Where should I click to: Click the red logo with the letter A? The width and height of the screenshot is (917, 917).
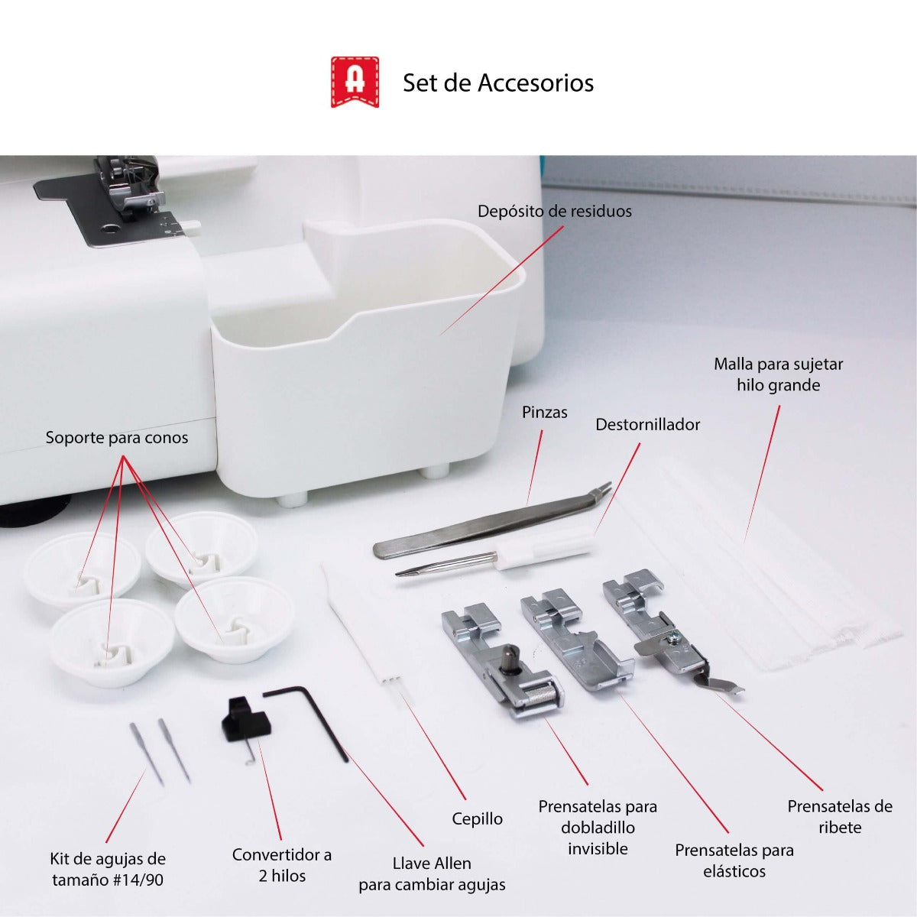pos(355,81)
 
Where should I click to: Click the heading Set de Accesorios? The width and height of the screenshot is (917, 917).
pos(497,83)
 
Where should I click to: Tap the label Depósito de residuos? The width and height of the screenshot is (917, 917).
pos(555,212)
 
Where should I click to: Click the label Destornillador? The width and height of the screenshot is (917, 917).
pos(647,425)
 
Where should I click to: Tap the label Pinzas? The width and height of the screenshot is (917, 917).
pos(544,413)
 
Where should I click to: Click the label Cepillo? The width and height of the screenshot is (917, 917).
pos(477,819)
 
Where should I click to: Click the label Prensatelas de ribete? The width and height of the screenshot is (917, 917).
pos(839,817)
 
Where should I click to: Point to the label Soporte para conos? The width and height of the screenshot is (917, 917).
pos(116,438)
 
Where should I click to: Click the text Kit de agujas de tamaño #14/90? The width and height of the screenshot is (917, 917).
pos(107,869)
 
